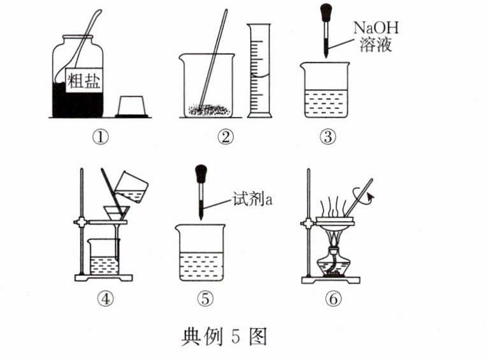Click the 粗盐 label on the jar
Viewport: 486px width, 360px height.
pos(85,80)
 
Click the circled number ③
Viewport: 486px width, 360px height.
pos(327,136)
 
